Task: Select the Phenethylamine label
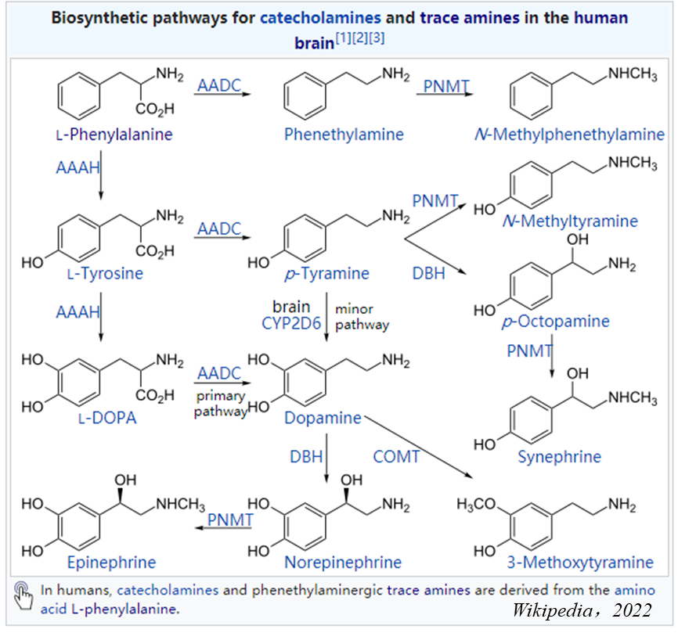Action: tap(344, 135)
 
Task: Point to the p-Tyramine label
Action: tap(326, 274)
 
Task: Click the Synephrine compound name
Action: tap(559, 456)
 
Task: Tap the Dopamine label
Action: tap(323, 418)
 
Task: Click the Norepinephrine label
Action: tap(343, 562)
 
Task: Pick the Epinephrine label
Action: tap(111, 562)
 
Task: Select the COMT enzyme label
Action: tap(397, 456)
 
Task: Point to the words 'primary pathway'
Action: tap(220, 404)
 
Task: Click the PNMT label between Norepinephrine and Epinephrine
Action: tap(230, 519)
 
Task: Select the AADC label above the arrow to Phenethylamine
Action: tap(219, 85)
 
